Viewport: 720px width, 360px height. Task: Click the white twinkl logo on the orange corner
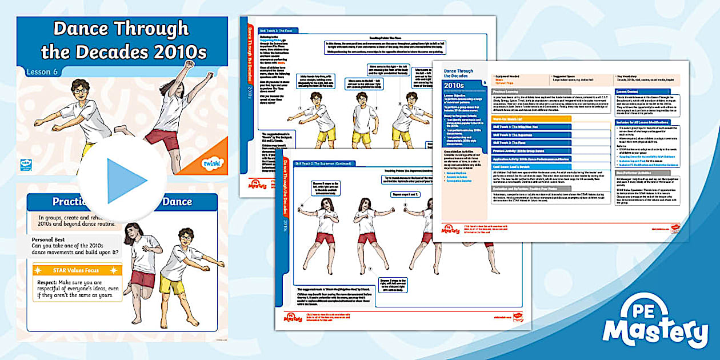[212, 164]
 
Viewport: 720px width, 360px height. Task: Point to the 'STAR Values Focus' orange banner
[77, 269]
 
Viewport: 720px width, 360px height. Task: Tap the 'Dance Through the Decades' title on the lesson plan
[458, 73]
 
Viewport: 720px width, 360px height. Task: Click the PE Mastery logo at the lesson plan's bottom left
[450, 229]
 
